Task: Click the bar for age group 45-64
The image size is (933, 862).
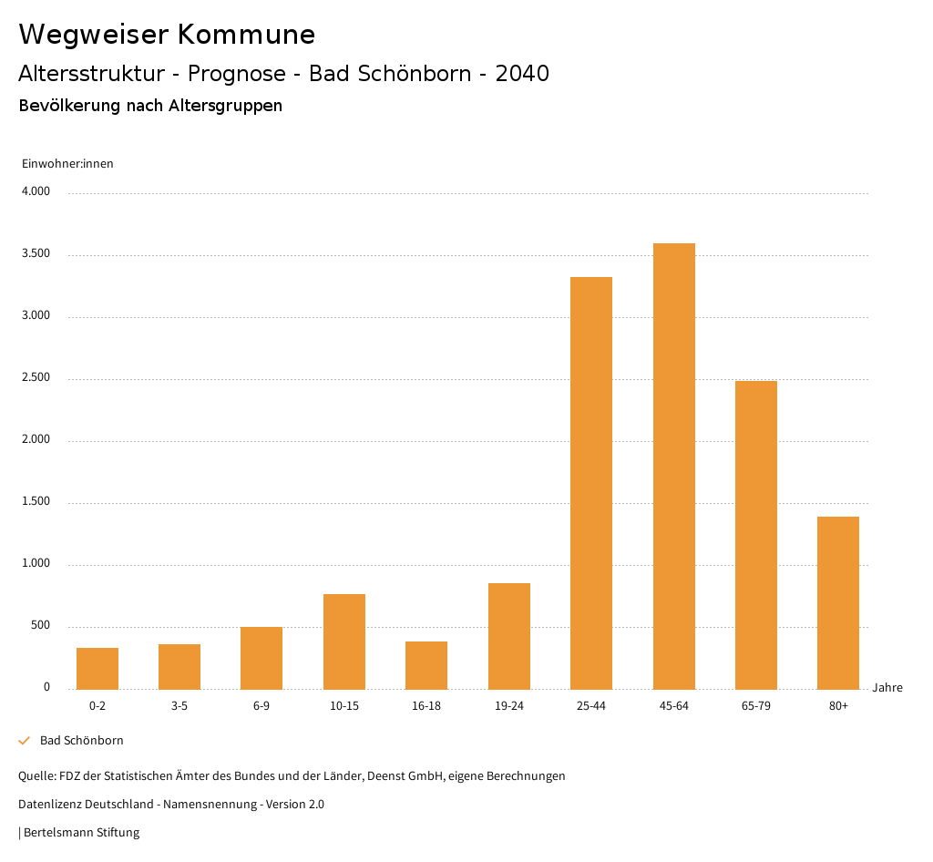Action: [673, 466]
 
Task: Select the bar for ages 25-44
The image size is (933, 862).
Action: [591, 483]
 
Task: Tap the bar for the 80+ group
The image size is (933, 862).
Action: [838, 602]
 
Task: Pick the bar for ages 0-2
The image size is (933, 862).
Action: [97, 668]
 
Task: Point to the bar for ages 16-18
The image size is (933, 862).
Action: [426, 665]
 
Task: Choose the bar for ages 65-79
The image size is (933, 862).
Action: [756, 535]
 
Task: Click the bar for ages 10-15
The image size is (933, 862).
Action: [344, 641]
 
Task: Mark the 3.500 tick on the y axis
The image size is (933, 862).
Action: [36, 254]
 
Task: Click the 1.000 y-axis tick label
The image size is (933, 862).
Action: [36, 564]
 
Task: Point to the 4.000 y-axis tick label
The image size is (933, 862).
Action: [36, 192]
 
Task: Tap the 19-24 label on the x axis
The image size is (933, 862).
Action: [509, 706]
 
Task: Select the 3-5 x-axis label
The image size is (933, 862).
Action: [179, 706]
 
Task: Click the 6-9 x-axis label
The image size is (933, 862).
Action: [261, 706]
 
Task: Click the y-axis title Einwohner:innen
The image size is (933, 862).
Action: [67, 164]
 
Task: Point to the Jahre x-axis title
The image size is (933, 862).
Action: [887, 688]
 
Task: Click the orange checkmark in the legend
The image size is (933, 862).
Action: [25, 741]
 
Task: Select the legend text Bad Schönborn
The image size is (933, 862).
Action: [82, 741]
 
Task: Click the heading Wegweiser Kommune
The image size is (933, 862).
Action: [167, 35]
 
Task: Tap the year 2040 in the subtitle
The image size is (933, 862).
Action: [522, 74]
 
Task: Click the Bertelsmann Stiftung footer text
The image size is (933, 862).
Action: [81, 833]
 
